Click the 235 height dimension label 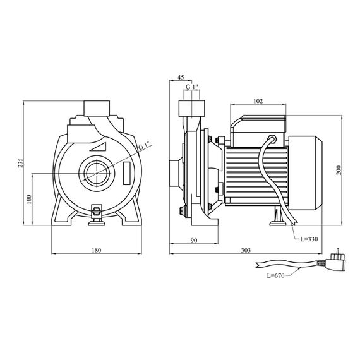click(x=21, y=162)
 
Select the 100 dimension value click(x=28, y=200)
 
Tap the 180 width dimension click(x=97, y=250)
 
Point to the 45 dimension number click(x=181, y=77)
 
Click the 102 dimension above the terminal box click(x=258, y=101)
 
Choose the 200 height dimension click(x=339, y=170)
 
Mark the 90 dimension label click(x=194, y=240)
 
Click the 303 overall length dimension click(x=246, y=250)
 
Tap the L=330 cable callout click(x=309, y=239)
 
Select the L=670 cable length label click(x=275, y=275)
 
